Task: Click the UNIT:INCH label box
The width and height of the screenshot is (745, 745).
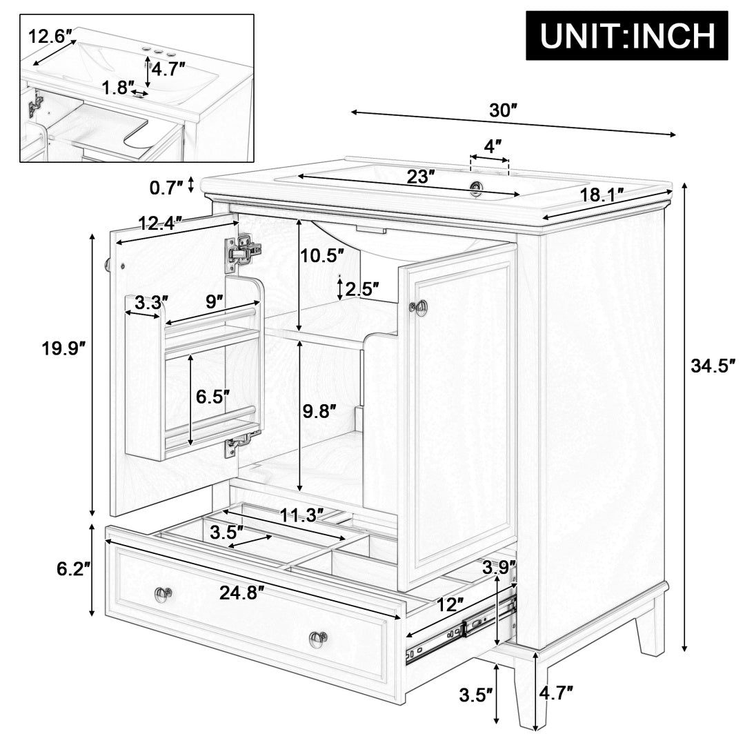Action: (x=626, y=35)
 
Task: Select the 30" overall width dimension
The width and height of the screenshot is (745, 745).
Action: (x=503, y=110)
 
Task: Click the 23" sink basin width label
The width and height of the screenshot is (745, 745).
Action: (x=420, y=177)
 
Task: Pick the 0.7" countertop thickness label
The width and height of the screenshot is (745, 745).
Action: (x=166, y=187)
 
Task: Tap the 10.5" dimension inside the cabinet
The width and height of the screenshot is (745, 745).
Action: (x=321, y=256)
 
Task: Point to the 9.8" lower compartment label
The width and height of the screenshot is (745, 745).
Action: (x=319, y=410)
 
